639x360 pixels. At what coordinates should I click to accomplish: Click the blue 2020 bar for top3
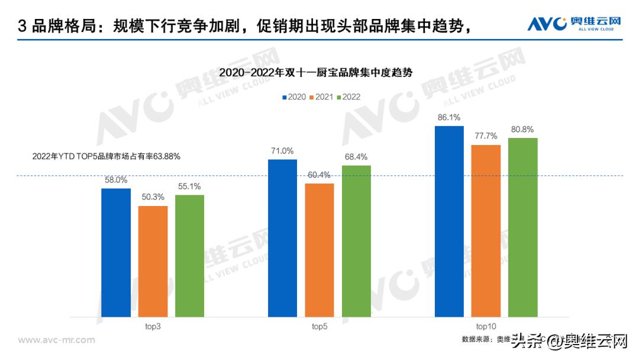coord(115,252)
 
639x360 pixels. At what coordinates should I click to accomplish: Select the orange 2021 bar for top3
coord(153,261)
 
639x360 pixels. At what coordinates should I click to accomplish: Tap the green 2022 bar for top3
coord(189,256)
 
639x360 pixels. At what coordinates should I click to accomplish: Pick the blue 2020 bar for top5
coord(282,238)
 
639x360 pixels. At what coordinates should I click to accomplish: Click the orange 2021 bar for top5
coord(319,250)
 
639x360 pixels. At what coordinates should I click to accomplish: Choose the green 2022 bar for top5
coord(356,241)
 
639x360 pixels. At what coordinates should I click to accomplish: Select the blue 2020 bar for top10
coord(449,221)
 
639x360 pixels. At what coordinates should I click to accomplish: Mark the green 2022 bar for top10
coord(522,227)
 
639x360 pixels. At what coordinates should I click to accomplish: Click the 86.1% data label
coord(449,117)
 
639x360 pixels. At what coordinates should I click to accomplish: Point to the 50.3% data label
coord(153,197)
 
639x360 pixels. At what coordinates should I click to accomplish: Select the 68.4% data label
coord(356,157)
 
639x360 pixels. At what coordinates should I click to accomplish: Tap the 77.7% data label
coord(486,136)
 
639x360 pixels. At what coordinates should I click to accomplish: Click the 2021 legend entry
coord(320,97)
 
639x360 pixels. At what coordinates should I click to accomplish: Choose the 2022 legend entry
coord(348,97)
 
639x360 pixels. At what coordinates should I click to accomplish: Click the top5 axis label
coord(319,326)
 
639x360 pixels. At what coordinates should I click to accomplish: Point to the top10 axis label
coord(486,326)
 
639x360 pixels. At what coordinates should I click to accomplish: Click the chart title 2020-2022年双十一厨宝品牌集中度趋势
coord(315,72)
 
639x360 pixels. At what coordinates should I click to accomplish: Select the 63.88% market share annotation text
coord(106,157)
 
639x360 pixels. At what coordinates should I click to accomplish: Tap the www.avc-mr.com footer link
coord(56,340)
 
